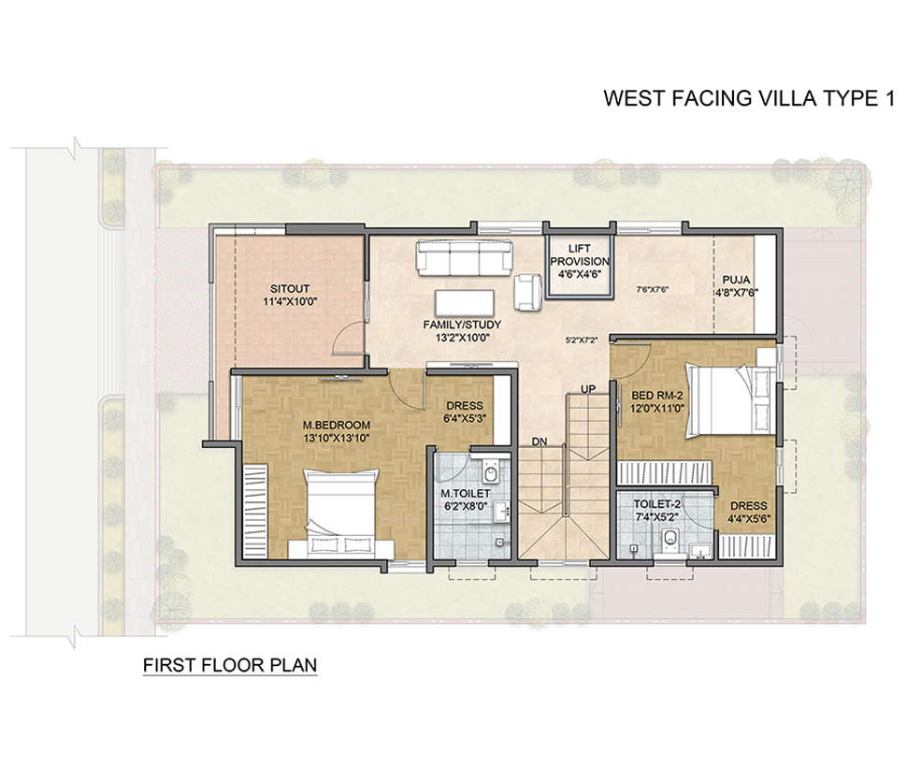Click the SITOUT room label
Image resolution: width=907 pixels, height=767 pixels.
tap(290, 289)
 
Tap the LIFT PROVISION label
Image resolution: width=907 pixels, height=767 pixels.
tap(580, 255)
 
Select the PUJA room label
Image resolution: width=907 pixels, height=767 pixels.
tap(736, 280)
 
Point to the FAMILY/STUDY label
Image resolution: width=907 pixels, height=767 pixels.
tap(462, 325)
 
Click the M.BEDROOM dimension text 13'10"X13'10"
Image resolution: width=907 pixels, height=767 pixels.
tap(336, 439)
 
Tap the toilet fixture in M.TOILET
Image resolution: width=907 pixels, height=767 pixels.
tap(491, 471)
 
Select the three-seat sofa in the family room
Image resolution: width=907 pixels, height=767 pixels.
tap(465, 258)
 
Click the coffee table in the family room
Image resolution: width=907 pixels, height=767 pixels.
tap(465, 302)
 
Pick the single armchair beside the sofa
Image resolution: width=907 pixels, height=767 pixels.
tap(528, 292)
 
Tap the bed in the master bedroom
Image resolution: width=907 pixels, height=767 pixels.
tap(341, 514)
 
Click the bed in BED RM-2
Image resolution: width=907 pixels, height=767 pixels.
tap(731, 400)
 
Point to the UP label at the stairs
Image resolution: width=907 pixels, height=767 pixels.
tap(588, 389)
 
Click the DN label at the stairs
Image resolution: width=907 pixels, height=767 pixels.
tap(540, 441)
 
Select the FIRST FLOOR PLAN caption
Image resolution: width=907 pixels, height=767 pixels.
tap(230, 665)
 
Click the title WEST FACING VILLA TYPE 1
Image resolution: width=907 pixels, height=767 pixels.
tap(749, 98)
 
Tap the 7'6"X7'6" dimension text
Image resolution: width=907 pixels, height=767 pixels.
tap(653, 290)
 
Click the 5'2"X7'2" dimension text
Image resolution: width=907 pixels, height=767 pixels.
tap(582, 340)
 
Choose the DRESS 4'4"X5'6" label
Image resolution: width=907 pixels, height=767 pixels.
tap(748, 512)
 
